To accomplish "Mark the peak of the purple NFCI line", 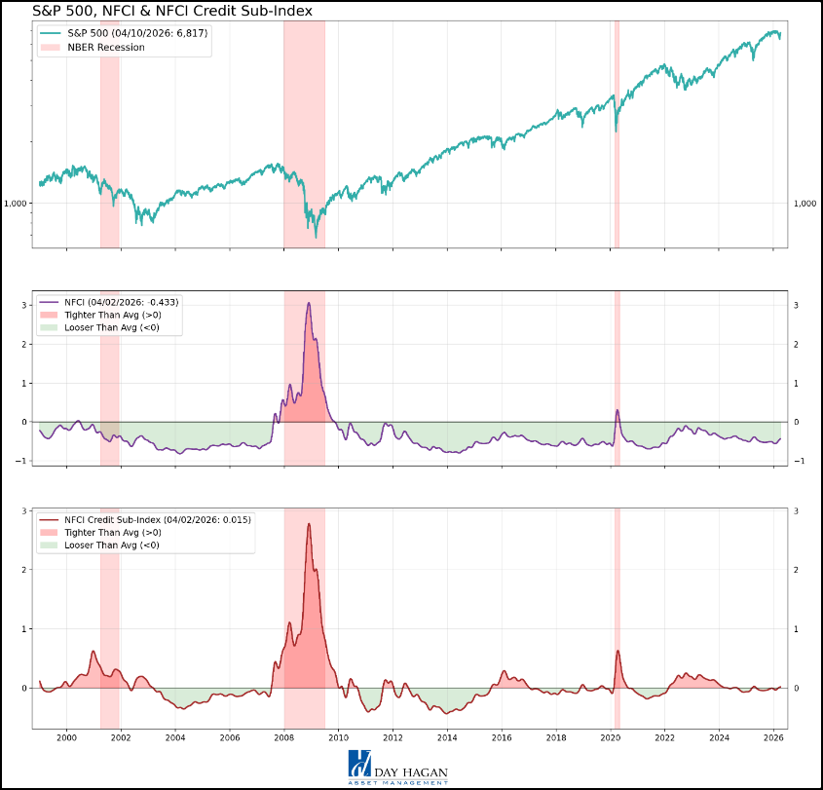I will pyautogui.click(x=309, y=303).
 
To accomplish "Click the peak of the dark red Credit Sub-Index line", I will pyautogui.click(x=309, y=524).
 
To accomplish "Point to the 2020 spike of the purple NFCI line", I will pyautogui.click(x=617, y=410).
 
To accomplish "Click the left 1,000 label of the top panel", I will pyautogui.click(x=17, y=204).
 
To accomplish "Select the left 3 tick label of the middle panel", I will pyautogui.click(x=24, y=306).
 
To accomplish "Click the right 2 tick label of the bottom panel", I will pyautogui.click(x=796, y=570).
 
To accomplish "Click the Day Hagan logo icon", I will pyautogui.click(x=359, y=764).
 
